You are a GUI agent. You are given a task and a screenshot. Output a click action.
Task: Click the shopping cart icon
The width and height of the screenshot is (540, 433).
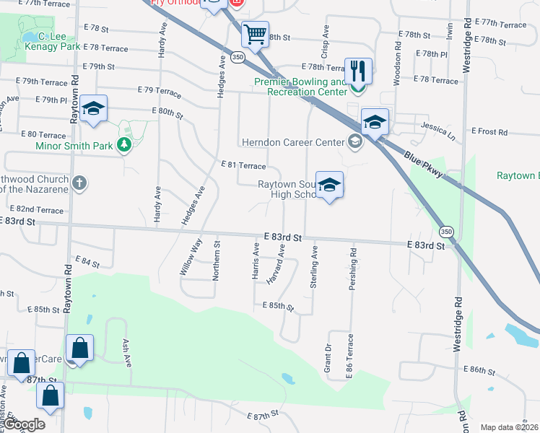coord(254,33)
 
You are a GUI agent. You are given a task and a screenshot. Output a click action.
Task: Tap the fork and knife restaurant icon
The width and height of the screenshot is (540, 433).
coord(358,71)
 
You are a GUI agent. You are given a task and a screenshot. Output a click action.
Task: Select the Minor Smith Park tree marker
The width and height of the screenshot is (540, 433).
coord(124,146)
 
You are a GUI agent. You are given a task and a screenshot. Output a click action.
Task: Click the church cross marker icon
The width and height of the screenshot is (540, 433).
coord(79,183)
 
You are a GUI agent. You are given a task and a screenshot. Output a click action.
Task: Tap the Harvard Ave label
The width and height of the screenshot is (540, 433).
coord(282,261)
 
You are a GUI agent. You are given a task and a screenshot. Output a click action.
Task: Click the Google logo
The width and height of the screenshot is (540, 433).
coord(24,425)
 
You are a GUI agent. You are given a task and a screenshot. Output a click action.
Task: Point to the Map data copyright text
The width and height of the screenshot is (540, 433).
coord(509,427)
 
